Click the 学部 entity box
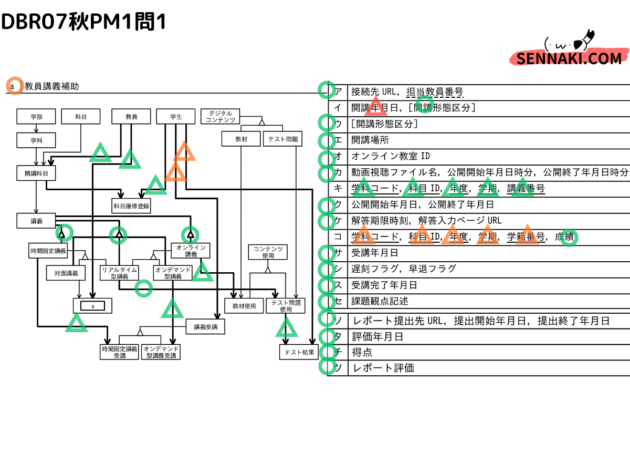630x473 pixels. [x=36, y=117]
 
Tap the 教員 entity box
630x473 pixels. [x=131, y=117]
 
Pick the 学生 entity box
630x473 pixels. [x=176, y=117]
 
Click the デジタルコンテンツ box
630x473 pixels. [x=220, y=117]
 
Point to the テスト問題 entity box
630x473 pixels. [x=282, y=139]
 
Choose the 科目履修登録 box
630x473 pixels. [x=131, y=206]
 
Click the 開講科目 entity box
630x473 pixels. [x=36, y=172]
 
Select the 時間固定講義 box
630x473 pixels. [x=48, y=251]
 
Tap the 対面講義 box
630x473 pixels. [x=66, y=273]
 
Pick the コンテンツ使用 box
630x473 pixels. [x=268, y=252]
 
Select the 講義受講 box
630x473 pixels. [x=205, y=327]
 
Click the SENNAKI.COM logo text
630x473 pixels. [x=569, y=58]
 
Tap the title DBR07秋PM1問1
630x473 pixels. [x=84, y=22]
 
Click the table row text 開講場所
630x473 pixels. [x=370, y=140]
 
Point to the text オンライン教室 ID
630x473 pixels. [x=391, y=157]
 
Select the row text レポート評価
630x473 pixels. [x=384, y=368]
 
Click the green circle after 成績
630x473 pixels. [x=569, y=238]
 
